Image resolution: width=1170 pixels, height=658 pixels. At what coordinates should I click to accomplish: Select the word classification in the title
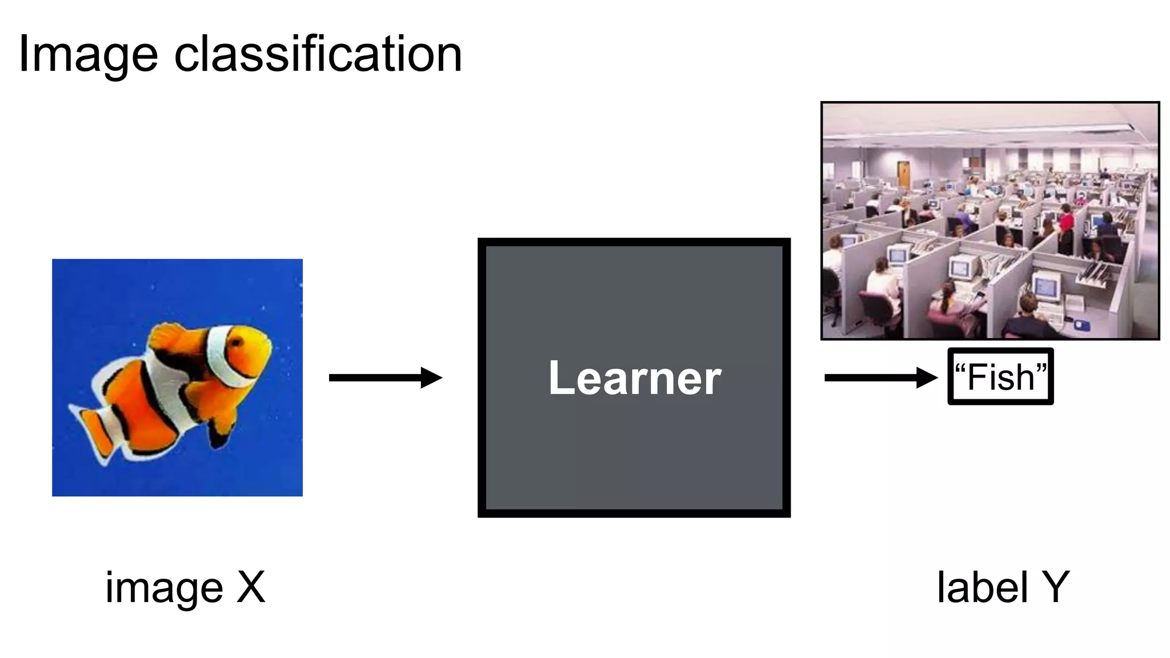(318, 54)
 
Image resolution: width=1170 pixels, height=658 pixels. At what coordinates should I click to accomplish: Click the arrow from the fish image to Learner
(385, 378)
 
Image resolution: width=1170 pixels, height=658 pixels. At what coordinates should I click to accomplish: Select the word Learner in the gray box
(634, 378)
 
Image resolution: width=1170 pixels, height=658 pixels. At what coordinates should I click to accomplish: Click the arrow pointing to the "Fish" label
(880, 378)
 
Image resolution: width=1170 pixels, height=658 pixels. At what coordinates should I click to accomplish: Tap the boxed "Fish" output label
(1000, 377)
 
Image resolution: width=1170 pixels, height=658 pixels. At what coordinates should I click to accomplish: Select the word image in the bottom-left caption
(164, 588)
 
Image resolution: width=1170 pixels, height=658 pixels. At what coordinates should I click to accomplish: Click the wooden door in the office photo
(903, 174)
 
